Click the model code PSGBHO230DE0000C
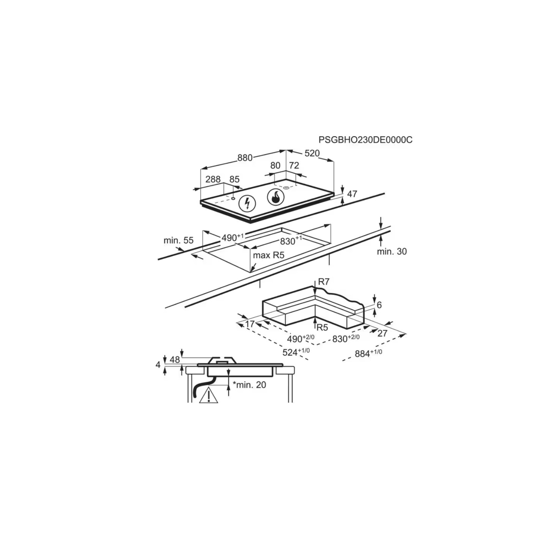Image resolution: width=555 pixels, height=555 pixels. (365, 140)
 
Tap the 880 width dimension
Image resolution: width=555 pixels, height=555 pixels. (245, 158)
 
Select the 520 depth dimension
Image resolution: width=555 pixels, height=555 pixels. (312, 153)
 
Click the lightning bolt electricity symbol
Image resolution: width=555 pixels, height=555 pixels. (247, 203)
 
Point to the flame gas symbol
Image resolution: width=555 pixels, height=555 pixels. (276, 198)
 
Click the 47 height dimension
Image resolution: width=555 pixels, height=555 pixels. (352, 194)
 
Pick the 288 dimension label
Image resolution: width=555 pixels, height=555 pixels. (213, 179)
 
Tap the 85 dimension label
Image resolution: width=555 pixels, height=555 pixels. (234, 179)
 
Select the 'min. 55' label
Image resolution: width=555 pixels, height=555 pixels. (179, 240)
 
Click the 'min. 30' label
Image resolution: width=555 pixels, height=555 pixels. (392, 251)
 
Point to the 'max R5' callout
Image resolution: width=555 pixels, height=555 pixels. (269, 255)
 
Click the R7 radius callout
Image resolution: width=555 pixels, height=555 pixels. (324, 282)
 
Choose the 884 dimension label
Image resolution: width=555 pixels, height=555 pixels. (368, 353)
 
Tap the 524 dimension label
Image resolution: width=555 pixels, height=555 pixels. (296, 352)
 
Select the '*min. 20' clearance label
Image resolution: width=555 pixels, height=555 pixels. (249, 385)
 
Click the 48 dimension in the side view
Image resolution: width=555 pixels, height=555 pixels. (175, 359)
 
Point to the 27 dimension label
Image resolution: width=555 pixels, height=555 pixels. (382, 333)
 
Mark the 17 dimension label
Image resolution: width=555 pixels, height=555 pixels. (250, 324)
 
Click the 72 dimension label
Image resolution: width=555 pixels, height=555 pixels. (294, 165)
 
